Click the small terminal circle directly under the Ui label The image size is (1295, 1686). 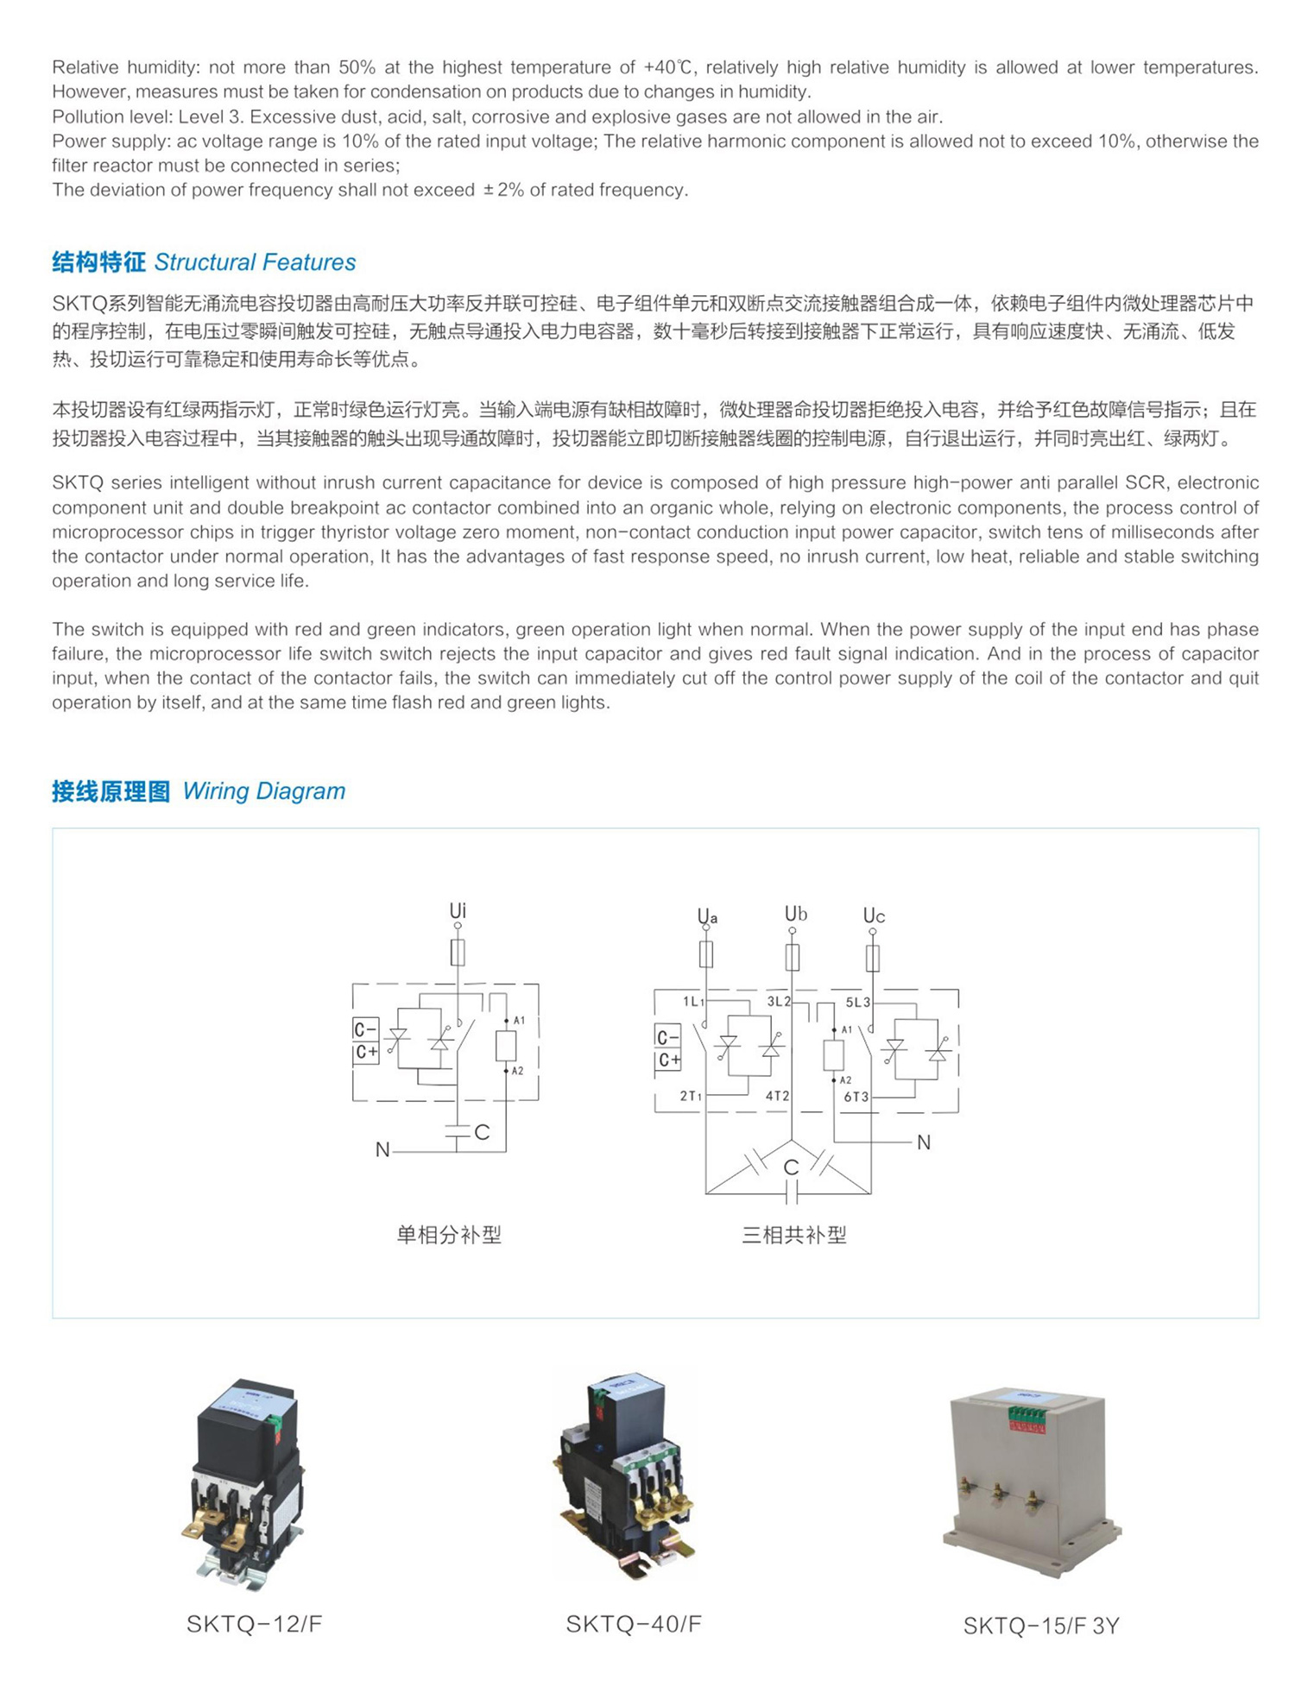(x=458, y=926)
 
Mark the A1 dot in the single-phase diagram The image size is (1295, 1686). (x=506, y=1021)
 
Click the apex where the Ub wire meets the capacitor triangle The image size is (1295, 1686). (x=792, y=1140)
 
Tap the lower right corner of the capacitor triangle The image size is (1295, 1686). (x=870, y=1194)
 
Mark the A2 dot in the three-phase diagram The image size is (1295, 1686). (x=834, y=1079)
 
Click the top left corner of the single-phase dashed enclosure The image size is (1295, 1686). (x=353, y=985)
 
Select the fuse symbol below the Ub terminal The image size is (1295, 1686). (x=792, y=957)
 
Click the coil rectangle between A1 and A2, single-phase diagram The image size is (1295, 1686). (x=506, y=1046)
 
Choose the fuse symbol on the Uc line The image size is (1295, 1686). (x=873, y=958)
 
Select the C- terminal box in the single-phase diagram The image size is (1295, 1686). (x=366, y=1029)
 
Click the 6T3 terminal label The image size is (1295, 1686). (x=856, y=1097)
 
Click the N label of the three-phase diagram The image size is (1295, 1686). (x=924, y=1142)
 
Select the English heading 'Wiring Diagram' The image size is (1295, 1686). (x=264, y=791)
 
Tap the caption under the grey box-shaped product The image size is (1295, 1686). (x=1041, y=1626)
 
